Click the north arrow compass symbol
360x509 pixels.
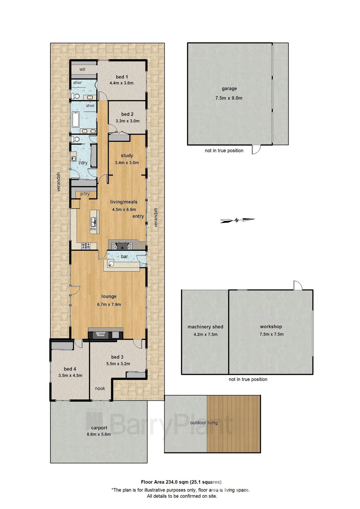tap(237, 220)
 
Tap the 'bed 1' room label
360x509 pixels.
tap(122, 77)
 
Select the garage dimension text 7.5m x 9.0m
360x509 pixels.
tap(229, 98)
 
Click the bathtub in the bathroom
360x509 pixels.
tap(76, 120)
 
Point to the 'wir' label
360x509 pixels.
tap(83, 69)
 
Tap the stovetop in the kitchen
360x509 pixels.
tap(86, 245)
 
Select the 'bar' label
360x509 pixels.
tap(124, 256)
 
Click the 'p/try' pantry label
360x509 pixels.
tap(85, 194)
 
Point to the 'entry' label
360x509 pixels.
tap(138, 216)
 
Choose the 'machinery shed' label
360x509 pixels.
tap(205, 327)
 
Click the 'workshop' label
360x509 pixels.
tap(271, 326)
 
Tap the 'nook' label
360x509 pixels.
tap(100, 388)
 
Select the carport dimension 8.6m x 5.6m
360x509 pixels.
tap(99, 434)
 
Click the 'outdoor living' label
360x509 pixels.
tap(204, 423)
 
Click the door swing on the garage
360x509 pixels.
tap(256, 149)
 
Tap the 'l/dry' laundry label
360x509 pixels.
tap(83, 163)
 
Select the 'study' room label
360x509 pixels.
tap(127, 156)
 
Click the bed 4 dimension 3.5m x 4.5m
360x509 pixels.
tap(70, 375)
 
